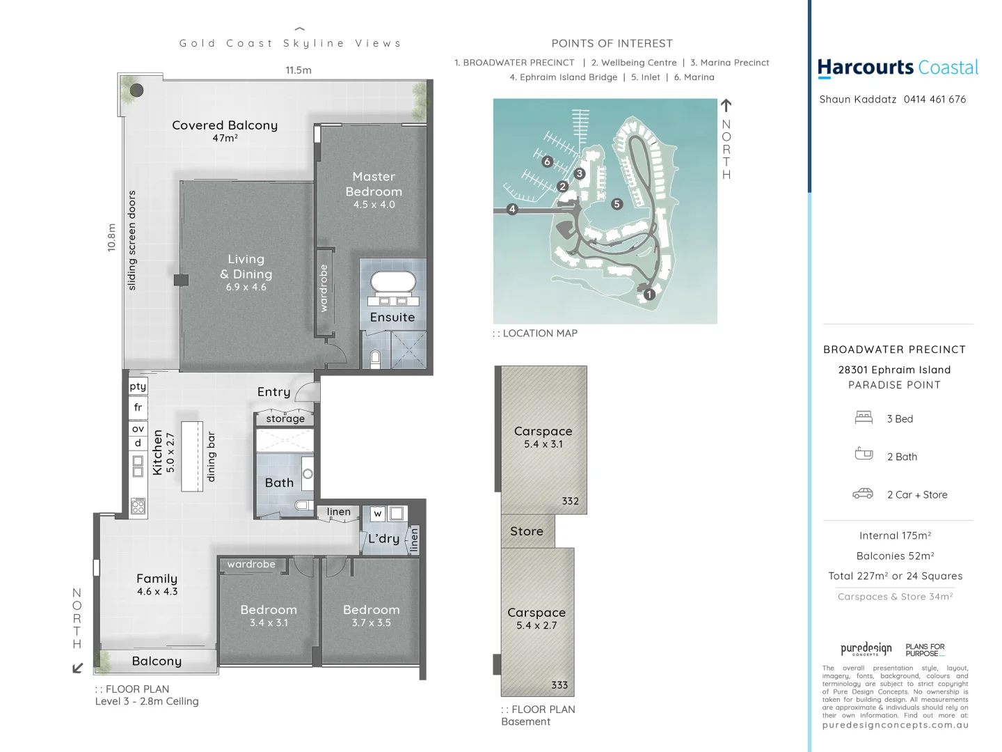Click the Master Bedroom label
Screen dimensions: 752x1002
tap(374, 185)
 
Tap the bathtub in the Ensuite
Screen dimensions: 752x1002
tap(392, 281)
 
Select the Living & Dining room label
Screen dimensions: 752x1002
tap(246, 267)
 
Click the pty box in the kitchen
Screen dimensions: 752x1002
tap(138, 386)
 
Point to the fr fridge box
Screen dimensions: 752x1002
tap(138, 407)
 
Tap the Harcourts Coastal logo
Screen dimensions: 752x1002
tap(898, 68)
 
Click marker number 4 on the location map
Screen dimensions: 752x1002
tap(512, 209)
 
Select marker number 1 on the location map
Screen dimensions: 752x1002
tap(649, 295)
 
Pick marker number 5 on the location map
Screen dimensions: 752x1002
tap(617, 204)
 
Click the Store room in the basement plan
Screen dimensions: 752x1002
tap(527, 531)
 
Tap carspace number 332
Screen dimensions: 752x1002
tap(543, 439)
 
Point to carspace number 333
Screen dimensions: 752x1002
tap(537, 620)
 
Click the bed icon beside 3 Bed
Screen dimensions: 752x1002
tap(864, 418)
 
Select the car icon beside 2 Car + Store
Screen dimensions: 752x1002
tap(863, 494)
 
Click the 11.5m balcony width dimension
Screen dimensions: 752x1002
tap(299, 70)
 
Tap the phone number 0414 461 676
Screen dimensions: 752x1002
tap(935, 100)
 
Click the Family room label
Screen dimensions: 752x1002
tap(157, 579)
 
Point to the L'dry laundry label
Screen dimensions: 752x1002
tap(383, 538)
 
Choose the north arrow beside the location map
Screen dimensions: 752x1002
tap(726, 106)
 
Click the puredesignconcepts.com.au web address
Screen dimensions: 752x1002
tap(895, 725)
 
